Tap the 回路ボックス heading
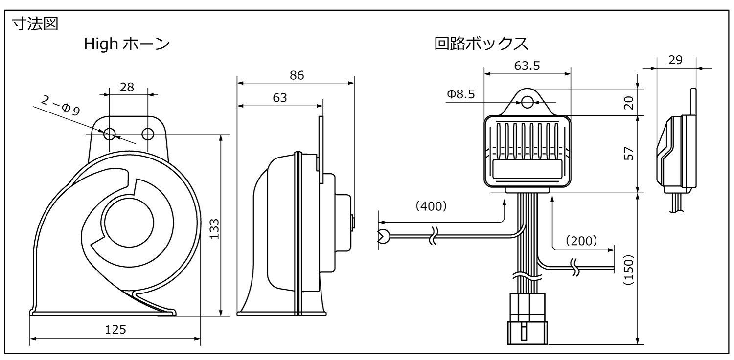(x=481, y=45)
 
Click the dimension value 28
(x=127, y=87)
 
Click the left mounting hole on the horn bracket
(x=109, y=134)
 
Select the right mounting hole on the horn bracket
(x=147, y=134)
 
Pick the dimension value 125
(x=115, y=330)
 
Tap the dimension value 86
(x=297, y=75)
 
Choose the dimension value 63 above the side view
(x=280, y=98)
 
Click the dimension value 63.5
(x=527, y=66)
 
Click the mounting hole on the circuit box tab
(x=527, y=102)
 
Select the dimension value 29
(x=675, y=61)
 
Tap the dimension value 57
(x=630, y=154)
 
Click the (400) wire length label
(x=431, y=206)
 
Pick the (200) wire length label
(x=581, y=240)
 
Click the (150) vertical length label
(x=630, y=269)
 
